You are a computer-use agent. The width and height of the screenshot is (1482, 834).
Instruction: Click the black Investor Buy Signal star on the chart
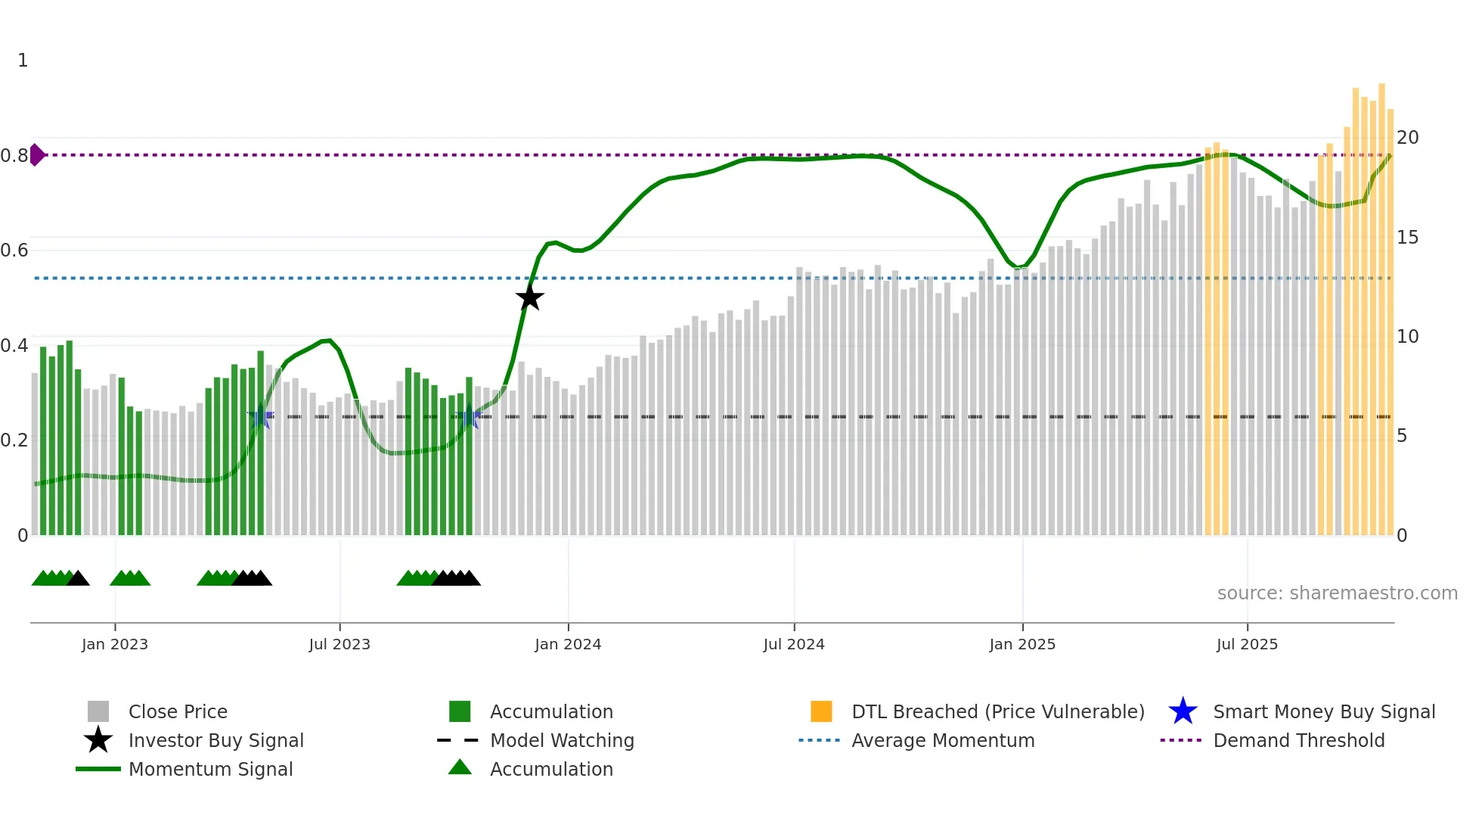tap(530, 297)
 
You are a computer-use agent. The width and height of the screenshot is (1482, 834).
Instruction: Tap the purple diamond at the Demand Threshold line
tap(37, 154)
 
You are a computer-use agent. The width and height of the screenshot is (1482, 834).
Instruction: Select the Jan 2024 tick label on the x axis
tap(568, 644)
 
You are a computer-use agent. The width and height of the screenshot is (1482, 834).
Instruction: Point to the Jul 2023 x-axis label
tap(339, 644)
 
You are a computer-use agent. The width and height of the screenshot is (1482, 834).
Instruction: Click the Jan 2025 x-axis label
tap(1022, 644)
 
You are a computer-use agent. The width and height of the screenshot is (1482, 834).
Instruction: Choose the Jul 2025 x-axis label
tap(1247, 644)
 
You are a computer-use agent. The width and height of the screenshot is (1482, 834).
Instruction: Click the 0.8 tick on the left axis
tap(14, 156)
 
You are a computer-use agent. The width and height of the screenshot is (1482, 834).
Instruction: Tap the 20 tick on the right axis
tap(1407, 138)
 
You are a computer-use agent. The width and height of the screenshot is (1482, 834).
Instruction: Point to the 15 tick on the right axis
tap(1407, 238)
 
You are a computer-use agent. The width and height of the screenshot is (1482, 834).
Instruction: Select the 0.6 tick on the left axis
tap(14, 251)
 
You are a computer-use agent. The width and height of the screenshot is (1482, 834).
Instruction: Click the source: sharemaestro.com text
tap(1337, 593)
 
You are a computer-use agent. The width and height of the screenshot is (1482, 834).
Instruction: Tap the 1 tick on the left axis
tap(23, 61)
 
